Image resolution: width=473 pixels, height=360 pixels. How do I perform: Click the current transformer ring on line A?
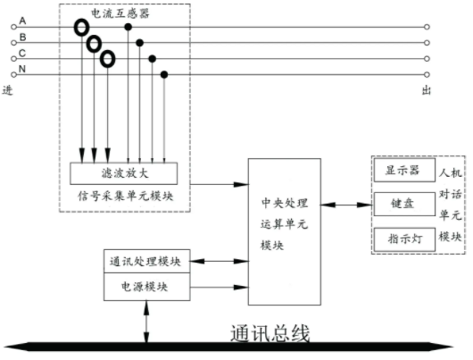[76, 28]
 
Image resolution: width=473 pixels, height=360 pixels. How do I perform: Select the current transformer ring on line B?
[87, 44]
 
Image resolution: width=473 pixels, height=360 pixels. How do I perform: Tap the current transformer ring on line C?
[101, 59]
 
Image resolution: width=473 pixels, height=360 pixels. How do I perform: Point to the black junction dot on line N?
[164, 74]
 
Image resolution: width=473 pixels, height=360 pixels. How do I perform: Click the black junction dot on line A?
[129, 27]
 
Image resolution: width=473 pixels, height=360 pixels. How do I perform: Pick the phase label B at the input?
[22, 38]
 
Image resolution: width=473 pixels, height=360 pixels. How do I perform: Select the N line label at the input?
[22, 69]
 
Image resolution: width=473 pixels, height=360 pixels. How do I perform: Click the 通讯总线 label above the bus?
[270, 334]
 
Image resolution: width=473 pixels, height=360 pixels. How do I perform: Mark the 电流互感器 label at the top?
[120, 13]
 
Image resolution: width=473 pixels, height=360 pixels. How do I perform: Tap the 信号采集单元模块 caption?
[126, 197]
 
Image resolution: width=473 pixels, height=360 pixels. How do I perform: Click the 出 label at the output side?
[427, 90]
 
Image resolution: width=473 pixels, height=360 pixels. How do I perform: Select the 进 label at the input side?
[7, 90]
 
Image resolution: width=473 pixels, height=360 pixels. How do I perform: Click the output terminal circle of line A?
[427, 27]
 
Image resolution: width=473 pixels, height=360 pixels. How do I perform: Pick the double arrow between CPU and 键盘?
[346, 205]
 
